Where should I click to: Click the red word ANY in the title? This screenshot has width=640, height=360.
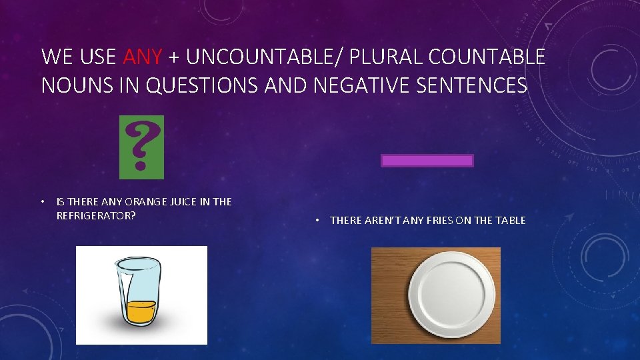(142, 57)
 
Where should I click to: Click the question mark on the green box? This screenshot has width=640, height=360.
(141, 144)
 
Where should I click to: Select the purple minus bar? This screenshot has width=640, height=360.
(427, 161)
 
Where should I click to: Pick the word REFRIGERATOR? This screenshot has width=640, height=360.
(97, 215)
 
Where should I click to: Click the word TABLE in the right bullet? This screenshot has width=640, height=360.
(509, 220)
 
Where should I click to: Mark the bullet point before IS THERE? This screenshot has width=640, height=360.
(42, 201)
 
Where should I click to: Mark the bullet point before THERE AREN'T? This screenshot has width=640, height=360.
(319, 220)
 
